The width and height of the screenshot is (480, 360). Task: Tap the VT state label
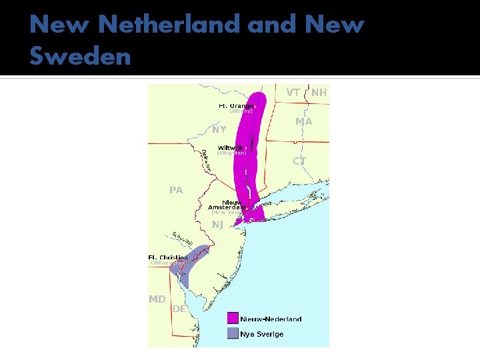pos(293,93)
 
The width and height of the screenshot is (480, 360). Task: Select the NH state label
pos(319,93)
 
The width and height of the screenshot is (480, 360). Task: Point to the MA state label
pos(304,121)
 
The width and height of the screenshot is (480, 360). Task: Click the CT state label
pos(299,161)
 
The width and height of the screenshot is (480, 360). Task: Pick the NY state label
pos(219,129)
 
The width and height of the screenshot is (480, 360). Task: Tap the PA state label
pos(176,190)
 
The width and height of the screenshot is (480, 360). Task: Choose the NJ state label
pos(217,225)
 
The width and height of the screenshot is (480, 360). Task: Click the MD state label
pos(157,299)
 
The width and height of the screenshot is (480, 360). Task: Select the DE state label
pos(179,309)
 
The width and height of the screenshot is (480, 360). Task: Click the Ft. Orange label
pos(236,105)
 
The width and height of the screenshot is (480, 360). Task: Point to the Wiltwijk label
pos(231,147)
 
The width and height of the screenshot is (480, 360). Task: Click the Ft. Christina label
pos(168,257)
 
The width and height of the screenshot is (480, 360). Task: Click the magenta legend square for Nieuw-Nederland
pos(233,318)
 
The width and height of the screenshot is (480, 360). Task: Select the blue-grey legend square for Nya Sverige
pos(233,333)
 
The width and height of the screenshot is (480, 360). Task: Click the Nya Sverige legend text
pos(262,334)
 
